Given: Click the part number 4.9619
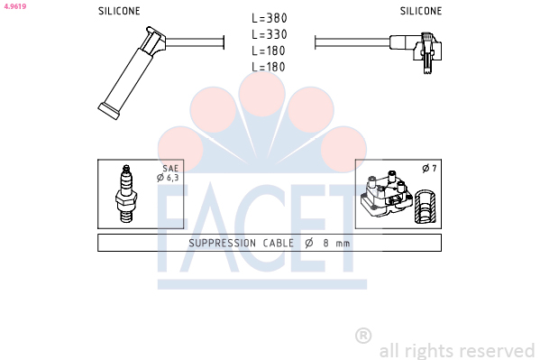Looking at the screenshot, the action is point(15,6).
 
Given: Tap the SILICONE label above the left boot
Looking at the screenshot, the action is point(119,11).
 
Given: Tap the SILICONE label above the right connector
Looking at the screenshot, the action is point(421,11).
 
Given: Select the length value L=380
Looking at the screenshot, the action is point(270,18).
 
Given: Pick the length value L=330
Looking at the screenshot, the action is point(270,34).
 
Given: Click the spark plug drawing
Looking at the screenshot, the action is point(126,193).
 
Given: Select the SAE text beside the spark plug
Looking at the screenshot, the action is point(170,169).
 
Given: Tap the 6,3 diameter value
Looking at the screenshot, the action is point(173,178).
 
